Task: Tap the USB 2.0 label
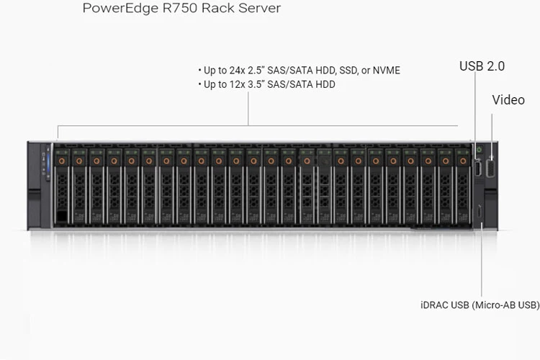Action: coord(482,66)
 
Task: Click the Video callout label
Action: coord(508,100)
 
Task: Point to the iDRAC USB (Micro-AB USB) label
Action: coord(480,305)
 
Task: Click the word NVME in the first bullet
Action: coord(385,71)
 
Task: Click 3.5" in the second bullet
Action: coord(267,84)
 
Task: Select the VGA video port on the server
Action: coord(491,168)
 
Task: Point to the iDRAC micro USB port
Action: coord(479,212)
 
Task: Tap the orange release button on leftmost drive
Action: coord(61,161)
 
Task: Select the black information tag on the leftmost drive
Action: coord(61,216)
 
